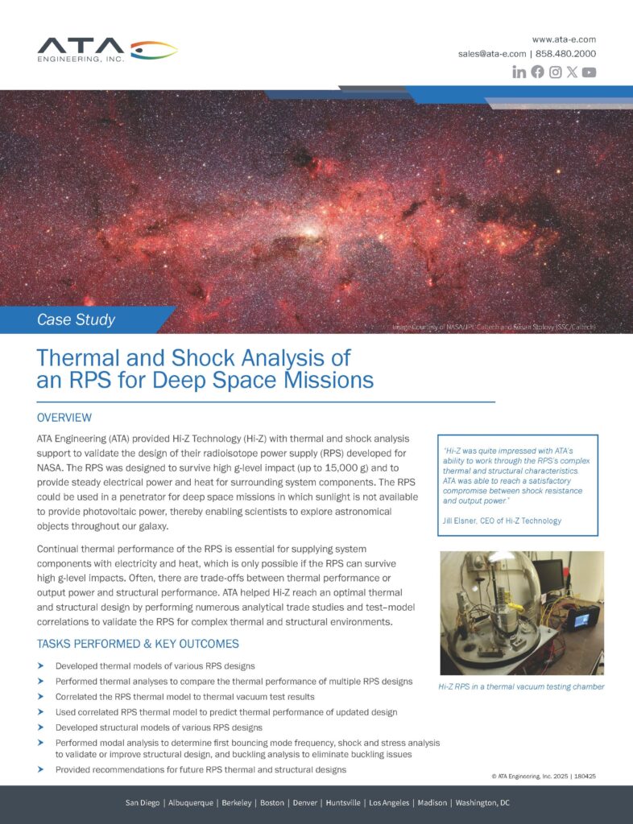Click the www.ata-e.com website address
[x=564, y=39]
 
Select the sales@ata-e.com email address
[x=492, y=54]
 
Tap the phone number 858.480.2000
[x=566, y=54]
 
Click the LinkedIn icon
[x=519, y=72]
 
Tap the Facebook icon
[x=537, y=72]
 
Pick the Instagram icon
[x=555, y=72]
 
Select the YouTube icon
[x=590, y=72]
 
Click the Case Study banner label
[x=77, y=320]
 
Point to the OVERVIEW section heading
[x=64, y=418]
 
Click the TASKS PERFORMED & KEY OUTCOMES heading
[x=138, y=644]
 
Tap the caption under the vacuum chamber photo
[x=521, y=686]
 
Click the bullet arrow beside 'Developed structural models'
[x=40, y=727]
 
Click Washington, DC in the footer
[x=482, y=803]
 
